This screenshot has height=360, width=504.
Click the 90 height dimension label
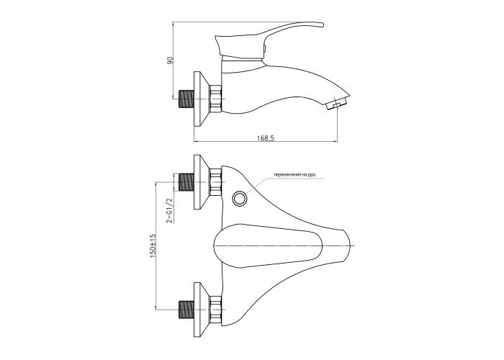click(171, 60)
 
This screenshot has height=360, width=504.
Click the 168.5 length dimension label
click(265, 138)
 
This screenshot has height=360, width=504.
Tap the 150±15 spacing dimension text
click(153, 245)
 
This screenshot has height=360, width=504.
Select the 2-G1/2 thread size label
click(169, 210)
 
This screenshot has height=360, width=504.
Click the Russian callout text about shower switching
click(294, 174)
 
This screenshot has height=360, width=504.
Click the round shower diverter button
click(240, 198)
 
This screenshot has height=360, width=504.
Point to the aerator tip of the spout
click(338, 104)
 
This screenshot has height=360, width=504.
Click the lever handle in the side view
click(269, 39)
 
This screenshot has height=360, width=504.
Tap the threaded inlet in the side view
click(186, 99)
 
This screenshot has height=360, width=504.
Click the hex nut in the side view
click(215, 99)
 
